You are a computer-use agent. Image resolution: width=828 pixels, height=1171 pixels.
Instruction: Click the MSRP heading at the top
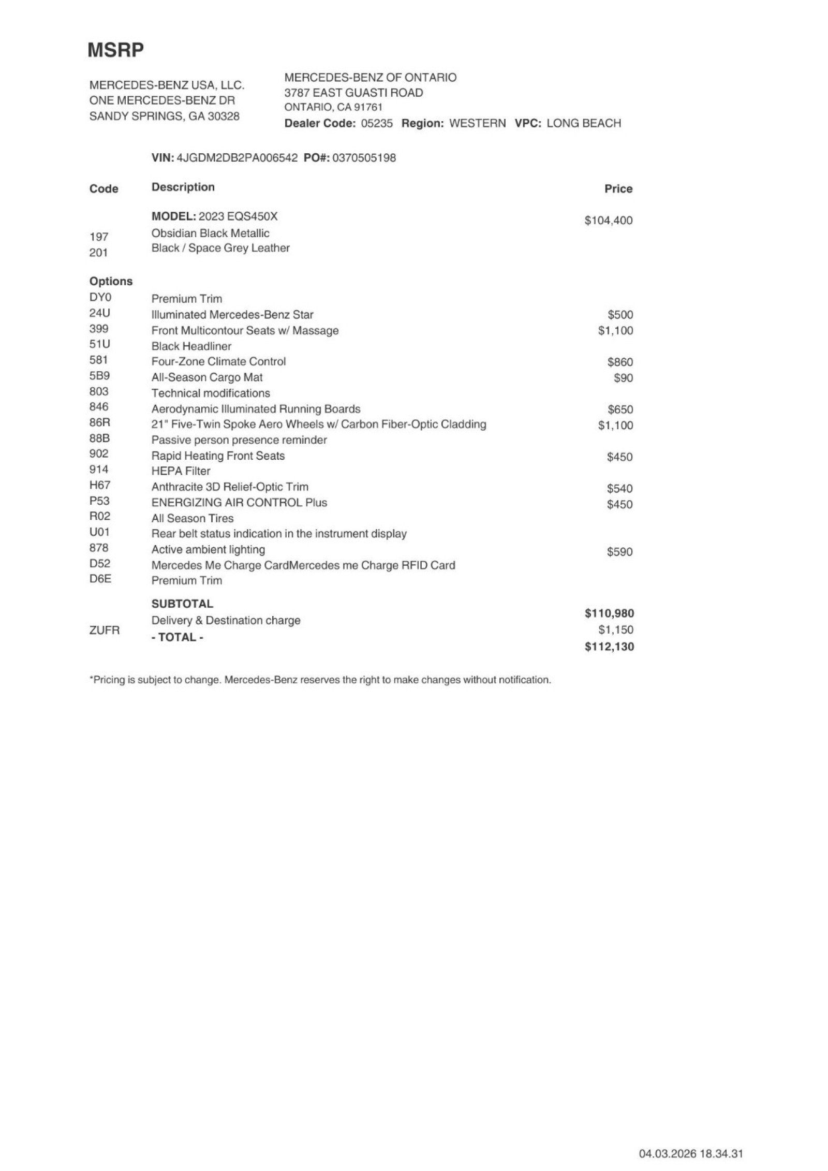[x=115, y=50]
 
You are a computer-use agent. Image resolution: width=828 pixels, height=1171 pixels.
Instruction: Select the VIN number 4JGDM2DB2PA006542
[x=237, y=158]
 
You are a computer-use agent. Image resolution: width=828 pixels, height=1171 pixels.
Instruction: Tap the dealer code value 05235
[x=377, y=123]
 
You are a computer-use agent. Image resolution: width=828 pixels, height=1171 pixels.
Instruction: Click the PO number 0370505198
[x=364, y=158]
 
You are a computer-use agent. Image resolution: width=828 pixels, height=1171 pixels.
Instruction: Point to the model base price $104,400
[x=608, y=221]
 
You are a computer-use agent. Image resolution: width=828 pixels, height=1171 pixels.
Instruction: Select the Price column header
[x=618, y=189]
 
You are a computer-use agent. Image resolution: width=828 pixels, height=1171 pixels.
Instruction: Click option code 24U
[x=99, y=313]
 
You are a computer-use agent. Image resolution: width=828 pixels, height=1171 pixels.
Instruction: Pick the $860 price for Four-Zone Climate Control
[x=620, y=362]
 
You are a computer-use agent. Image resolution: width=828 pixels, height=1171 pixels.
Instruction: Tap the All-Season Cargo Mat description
[x=207, y=377]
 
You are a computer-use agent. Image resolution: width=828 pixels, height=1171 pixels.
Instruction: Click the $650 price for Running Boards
[x=620, y=409]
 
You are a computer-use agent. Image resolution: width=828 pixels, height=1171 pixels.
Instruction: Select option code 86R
[x=100, y=422]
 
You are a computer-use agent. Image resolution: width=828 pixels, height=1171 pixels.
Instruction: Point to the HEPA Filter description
[x=181, y=471]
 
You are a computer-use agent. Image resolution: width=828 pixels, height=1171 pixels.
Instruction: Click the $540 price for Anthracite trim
[x=619, y=489]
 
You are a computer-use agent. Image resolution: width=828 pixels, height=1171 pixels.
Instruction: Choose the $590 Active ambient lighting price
[x=619, y=552]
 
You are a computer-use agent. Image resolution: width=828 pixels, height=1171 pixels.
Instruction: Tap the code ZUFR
[x=105, y=631]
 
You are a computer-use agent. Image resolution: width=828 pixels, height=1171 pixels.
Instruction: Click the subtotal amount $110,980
[x=609, y=613]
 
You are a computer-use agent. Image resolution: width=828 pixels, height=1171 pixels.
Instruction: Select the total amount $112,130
[x=609, y=647]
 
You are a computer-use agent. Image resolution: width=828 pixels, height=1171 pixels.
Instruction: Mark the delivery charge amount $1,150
[x=616, y=630]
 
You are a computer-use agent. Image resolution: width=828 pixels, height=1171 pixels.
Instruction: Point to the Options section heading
[x=111, y=282]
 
